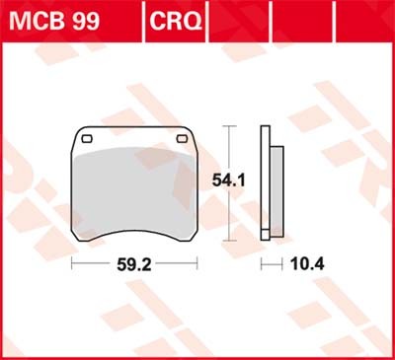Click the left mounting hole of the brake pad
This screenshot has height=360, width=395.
pyautogui.click(x=86, y=138)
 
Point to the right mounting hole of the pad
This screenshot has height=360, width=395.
pyautogui.click(x=183, y=138)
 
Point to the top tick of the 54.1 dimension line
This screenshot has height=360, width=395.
pyautogui.click(x=230, y=127)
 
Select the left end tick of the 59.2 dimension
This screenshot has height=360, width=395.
pyautogui.click(x=72, y=265)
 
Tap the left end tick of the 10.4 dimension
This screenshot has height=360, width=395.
pyautogui.click(x=262, y=265)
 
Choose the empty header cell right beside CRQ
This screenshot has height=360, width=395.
pyautogui.click(x=233, y=18)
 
